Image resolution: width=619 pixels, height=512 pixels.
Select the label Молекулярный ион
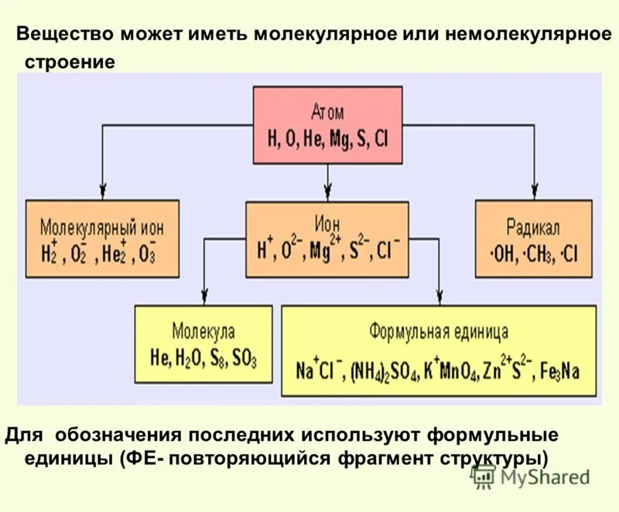[x=101, y=227]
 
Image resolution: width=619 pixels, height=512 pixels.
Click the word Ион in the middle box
[x=327, y=221]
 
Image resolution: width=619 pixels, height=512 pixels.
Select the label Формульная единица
[x=438, y=333]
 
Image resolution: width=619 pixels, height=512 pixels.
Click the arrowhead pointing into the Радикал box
[x=533, y=193]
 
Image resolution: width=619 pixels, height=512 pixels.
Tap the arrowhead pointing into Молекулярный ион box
[x=101, y=193]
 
